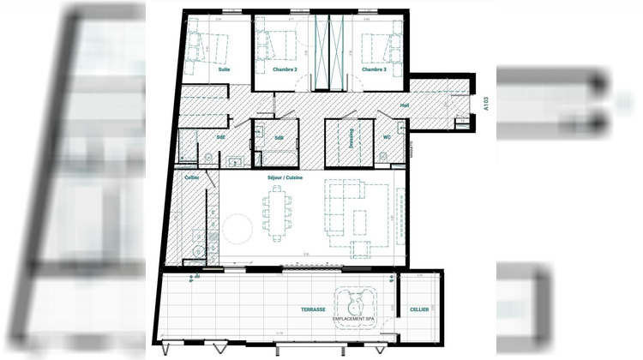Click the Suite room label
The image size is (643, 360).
pos(224,69)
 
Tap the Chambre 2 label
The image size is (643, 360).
pos(285,69)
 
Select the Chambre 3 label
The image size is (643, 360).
pos(374,69)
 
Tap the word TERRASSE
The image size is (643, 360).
pos(313,309)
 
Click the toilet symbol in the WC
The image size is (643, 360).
pos(384,157)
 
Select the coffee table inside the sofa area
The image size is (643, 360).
pos(360,220)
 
